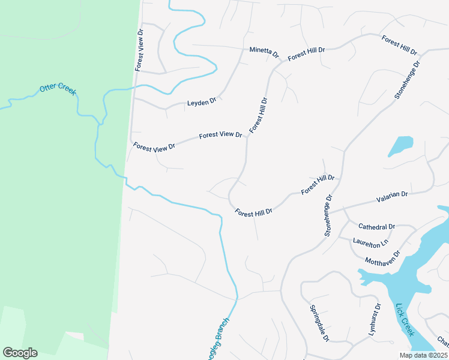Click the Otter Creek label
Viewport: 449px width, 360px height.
coord(58,89)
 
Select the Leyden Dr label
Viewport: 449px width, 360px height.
coord(201,102)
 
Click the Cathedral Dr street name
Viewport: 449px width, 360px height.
coord(376,227)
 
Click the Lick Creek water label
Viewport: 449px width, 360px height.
coord(405,319)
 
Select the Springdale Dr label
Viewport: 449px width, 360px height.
coord(319,323)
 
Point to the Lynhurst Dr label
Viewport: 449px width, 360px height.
coord(374,323)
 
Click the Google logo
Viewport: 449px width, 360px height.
coord(20,353)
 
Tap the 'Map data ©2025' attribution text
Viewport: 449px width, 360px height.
coord(423,355)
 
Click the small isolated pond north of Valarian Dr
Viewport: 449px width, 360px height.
coord(400,146)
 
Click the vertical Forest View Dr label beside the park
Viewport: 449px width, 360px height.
coord(139,50)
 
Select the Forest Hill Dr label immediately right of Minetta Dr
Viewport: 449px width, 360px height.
coord(306,54)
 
